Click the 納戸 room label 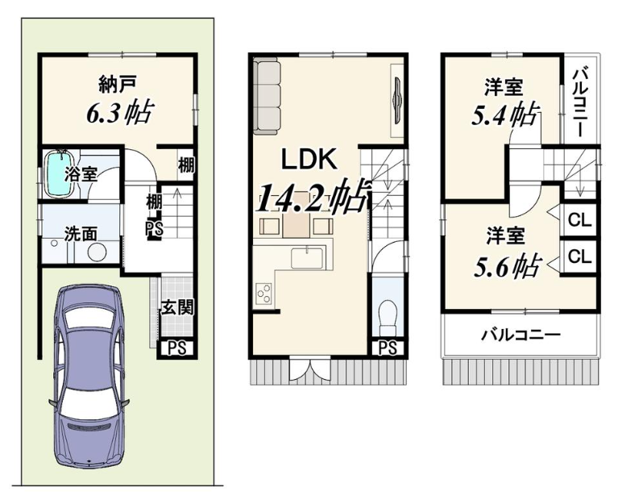tap(118, 85)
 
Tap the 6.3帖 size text tap(119, 112)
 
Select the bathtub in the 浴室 tap(59, 173)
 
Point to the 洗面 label tap(81, 235)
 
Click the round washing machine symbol tap(97, 252)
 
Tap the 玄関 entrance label tap(178, 307)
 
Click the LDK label tap(309, 159)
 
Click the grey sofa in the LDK tap(267, 94)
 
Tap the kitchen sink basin tap(307, 258)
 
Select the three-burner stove tap(263, 294)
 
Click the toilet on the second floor tap(388, 315)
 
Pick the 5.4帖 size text tap(505, 114)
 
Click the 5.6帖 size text tap(507, 266)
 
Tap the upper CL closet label tap(580, 220)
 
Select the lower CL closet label tap(580, 256)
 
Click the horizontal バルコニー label tap(521, 335)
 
